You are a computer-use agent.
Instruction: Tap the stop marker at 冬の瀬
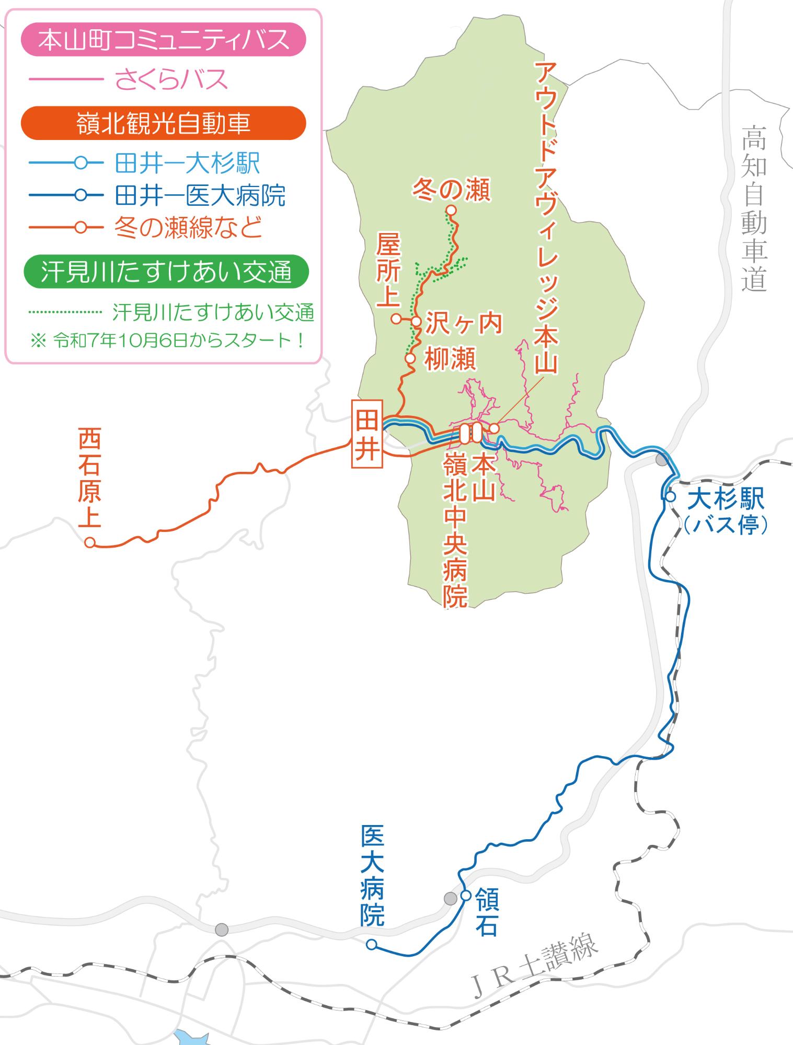point(451,210)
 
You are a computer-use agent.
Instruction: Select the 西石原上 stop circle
point(90,542)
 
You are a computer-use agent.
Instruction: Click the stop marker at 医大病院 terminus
point(371,944)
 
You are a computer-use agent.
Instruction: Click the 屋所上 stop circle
point(396,318)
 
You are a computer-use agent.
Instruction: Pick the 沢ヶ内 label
point(464,323)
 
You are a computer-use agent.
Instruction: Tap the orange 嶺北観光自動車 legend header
point(163,124)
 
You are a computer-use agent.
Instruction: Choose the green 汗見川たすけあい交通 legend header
point(166,272)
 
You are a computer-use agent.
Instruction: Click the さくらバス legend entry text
point(171,80)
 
